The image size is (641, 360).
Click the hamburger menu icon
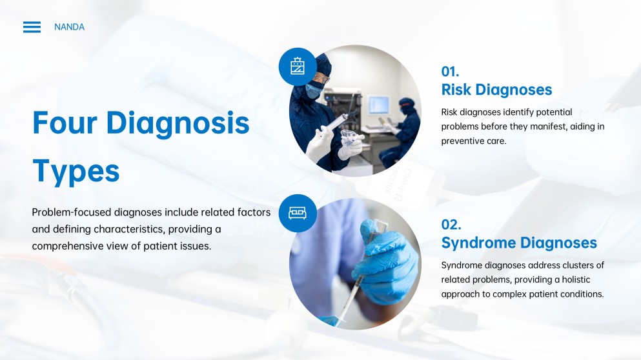tap(32, 27)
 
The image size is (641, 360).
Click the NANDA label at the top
tap(69, 27)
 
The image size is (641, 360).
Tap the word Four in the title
tap(65, 123)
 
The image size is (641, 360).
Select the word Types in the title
tap(76, 171)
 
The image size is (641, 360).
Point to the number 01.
tap(450, 72)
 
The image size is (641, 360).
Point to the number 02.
tap(451, 225)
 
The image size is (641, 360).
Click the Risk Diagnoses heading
tap(496, 90)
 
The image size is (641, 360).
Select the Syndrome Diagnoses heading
tap(519, 243)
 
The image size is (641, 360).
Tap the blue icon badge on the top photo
tap(298, 66)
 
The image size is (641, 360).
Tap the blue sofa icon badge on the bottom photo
tap(298, 213)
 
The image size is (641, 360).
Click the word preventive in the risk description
tap(466, 141)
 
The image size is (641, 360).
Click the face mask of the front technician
tap(314, 91)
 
